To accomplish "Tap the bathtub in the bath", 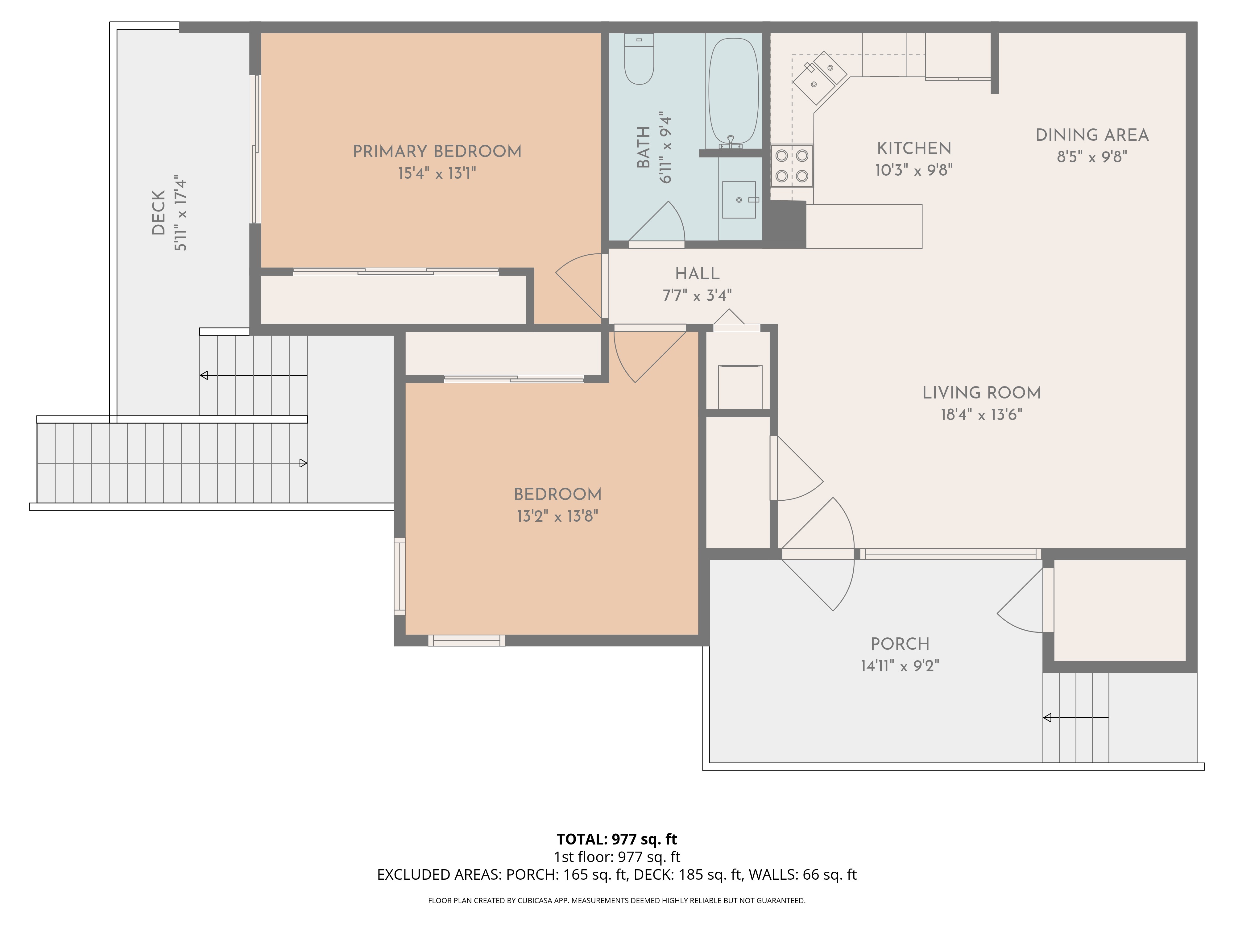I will [733, 92].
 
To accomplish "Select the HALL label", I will [697, 273].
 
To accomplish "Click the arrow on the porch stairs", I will [1048, 718].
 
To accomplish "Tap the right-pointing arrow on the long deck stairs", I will [303, 463].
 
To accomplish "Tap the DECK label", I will [159, 213].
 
